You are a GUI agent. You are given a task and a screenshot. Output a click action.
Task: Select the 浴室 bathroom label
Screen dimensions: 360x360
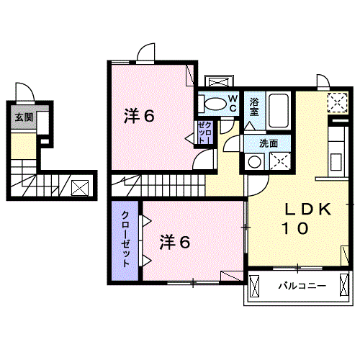pyautogui.click(x=255, y=107)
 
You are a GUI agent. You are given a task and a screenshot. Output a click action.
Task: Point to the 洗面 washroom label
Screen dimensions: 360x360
pyautogui.click(x=269, y=143)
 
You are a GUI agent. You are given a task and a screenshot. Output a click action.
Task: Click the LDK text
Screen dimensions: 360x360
pyautogui.click(x=307, y=210)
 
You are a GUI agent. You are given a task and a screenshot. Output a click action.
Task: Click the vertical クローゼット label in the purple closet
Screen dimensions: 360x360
pyautogui.click(x=126, y=239)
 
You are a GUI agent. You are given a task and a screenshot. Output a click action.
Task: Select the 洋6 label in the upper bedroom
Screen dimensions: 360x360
pyautogui.click(x=140, y=115)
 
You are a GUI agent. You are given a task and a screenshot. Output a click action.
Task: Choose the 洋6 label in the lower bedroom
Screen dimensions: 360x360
pyautogui.click(x=175, y=243)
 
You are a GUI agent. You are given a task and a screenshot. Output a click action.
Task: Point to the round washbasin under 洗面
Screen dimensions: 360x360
pyautogui.click(x=254, y=162)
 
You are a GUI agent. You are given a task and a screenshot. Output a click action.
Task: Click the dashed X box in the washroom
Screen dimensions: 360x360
pyautogui.click(x=279, y=162)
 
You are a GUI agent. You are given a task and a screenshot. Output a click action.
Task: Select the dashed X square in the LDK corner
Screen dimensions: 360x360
pyautogui.click(x=337, y=102)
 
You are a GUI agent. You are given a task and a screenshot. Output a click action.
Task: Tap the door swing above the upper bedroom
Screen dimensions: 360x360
pyautogui.click(x=146, y=53)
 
